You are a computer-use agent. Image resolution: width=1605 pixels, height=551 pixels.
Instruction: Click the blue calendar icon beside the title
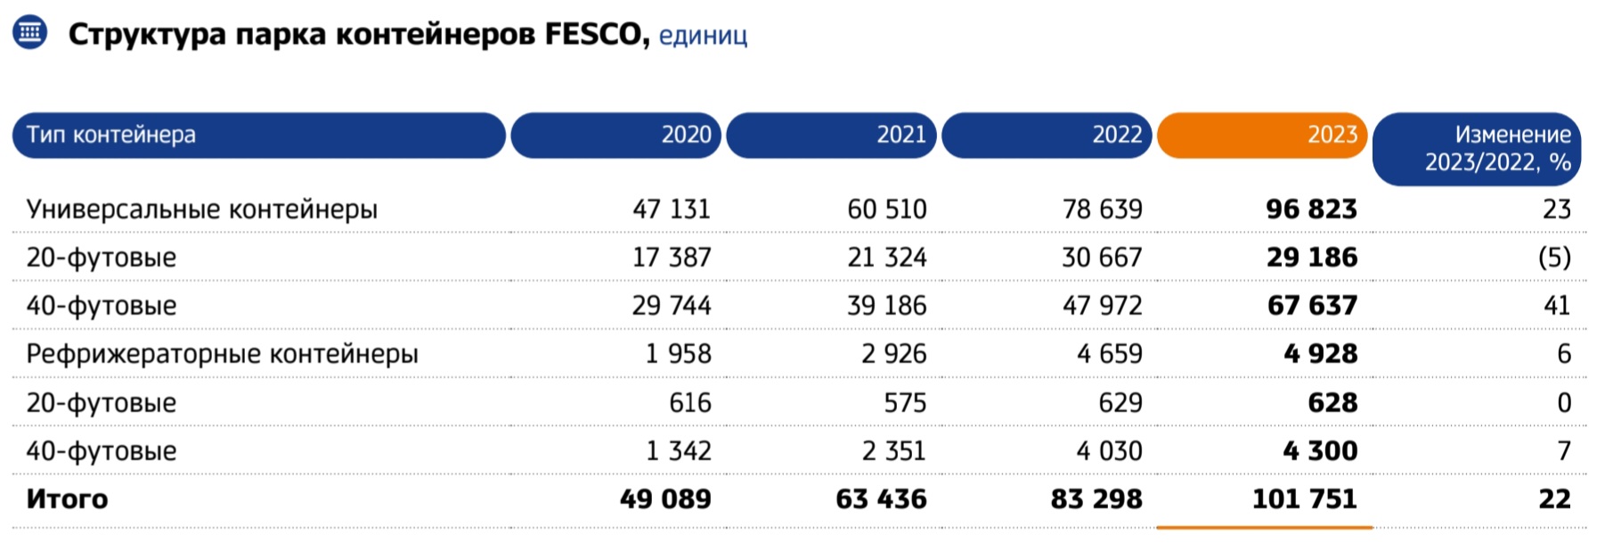tap(29, 33)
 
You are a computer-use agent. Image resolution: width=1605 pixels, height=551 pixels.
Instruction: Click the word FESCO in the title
tap(592, 35)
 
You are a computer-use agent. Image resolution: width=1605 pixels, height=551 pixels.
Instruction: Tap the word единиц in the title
tap(702, 37)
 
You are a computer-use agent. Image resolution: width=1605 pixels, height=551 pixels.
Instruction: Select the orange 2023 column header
tap(1261, 135)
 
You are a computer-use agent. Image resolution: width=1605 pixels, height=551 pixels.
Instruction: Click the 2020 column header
tap(615, 135)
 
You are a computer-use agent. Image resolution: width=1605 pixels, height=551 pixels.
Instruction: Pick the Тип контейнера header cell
tap(258, 135)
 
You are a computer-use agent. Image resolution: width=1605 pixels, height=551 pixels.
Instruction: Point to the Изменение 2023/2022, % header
tap(1477, 148)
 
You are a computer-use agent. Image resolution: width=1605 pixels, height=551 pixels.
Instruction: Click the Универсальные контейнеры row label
tap(201, 210)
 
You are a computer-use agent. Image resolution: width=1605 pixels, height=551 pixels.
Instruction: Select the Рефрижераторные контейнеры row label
tap(222, 354)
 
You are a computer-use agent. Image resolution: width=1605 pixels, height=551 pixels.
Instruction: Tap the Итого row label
tap(67, 499)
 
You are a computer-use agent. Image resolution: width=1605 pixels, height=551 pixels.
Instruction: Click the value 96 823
tap(1311, 210)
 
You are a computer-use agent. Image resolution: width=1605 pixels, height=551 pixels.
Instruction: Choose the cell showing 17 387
tap(672, 258)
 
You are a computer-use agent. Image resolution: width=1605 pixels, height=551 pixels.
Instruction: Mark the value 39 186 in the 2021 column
tap(886, 306)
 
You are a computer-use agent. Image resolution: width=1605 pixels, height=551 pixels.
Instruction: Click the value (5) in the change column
tap(1554, 258)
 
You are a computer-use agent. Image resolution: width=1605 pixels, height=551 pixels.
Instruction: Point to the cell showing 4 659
tap(1109, 354)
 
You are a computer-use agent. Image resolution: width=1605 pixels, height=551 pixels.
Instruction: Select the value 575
tap(904, 403)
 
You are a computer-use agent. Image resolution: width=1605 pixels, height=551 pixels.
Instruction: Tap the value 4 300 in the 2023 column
tap(1320, 451)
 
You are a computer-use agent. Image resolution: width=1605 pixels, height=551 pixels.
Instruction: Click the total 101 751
tap(1304, 499)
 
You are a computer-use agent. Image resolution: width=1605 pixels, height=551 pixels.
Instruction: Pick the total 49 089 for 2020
tap(665, 499)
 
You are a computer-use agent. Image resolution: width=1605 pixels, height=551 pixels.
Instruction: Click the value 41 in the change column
tap(1556, 306)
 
